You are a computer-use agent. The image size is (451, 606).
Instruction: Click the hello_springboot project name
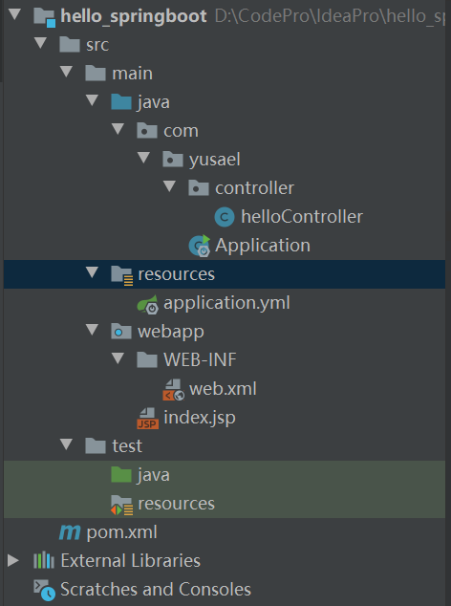133,16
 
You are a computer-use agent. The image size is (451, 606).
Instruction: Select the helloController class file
301,217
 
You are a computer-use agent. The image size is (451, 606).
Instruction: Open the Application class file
262,246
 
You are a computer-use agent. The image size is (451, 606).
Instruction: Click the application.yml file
225,303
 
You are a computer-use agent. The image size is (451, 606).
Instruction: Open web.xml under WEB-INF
222,389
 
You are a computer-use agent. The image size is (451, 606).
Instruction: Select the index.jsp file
199,418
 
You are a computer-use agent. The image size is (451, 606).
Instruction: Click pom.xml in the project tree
121,531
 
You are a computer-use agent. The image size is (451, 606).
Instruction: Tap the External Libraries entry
130,560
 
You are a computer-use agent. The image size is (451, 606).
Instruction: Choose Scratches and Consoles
155,589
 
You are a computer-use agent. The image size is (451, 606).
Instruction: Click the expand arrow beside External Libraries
12,560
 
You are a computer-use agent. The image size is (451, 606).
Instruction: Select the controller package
254,188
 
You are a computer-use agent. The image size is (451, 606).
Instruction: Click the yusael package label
227,160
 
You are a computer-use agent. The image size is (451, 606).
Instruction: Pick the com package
181,131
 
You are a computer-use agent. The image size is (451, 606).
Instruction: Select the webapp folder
170,332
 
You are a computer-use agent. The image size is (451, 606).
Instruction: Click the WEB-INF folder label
199,360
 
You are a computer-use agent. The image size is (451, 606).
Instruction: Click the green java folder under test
153,474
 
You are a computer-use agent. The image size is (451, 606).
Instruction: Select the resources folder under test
176,503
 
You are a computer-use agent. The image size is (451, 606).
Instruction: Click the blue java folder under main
153,102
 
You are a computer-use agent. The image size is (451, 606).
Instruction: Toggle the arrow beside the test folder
66,445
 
